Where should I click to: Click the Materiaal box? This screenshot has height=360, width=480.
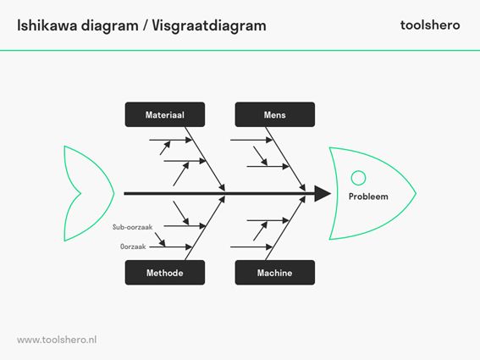click(x=164, y=114)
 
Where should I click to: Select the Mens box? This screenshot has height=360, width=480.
click(x=274, y=114)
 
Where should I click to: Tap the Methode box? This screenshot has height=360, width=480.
click(x=164, y=273)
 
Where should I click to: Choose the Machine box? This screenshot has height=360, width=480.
click(x=274, y=273)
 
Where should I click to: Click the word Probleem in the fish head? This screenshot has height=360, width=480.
click(x=368, y=197)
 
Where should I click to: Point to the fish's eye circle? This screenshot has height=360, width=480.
click(x=358, y=178)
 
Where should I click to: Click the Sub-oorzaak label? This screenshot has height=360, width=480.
click(x=132, y=227)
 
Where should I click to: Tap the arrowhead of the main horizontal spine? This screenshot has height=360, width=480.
click(x=323, y=194)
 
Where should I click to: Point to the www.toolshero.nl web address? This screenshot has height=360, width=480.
click(x=57, y=339)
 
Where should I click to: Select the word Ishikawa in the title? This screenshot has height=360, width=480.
click(x=47, y=25)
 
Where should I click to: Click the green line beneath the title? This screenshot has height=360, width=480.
click(x=240, y=50)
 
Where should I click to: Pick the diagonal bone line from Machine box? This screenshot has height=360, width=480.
click(x=287, y=227)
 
